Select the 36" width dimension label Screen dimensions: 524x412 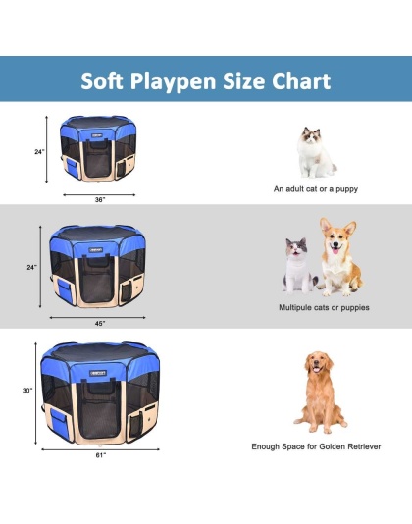[x=100, y=198]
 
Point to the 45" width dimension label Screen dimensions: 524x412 [x=98, y=322]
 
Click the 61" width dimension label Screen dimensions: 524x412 [x=101, y=456]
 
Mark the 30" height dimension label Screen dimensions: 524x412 [x=28, y=391]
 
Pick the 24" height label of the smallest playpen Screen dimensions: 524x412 [x=38, y=153]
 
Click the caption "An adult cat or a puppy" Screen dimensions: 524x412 [x=316, y=187]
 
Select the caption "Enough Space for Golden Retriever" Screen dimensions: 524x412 [x=316, y=445]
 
